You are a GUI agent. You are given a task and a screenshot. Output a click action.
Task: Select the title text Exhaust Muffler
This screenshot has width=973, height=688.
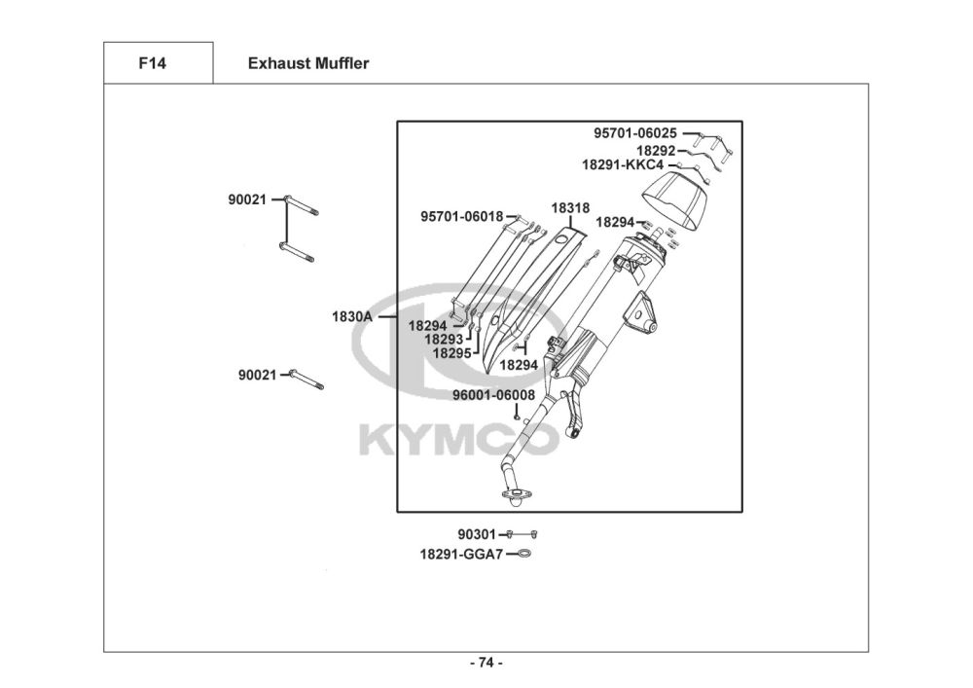click(307, 64)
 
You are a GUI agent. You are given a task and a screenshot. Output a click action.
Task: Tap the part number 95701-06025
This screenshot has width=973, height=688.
click(635, 133)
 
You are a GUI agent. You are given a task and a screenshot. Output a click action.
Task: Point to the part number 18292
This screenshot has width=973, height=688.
click(656, 151)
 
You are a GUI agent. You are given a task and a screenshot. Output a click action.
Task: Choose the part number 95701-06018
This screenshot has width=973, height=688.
click(462, 216)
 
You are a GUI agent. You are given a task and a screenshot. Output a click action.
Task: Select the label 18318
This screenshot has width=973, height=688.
click(570, 208)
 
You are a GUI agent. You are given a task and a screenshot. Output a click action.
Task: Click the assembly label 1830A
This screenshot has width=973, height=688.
click(352, 317)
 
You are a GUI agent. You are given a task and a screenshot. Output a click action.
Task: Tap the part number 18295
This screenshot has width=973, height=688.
click(452, 353)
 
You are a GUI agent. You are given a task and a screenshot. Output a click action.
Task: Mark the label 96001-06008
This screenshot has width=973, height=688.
click(493, 395)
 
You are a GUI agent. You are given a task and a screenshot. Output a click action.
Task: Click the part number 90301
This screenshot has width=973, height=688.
click(477, 534)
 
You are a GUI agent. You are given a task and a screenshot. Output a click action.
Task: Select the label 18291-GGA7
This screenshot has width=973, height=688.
click(461, 554)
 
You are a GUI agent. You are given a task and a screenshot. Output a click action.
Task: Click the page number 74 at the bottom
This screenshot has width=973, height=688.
click(486, 664)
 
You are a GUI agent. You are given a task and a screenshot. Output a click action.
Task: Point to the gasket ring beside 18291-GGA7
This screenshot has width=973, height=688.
click(523, 554)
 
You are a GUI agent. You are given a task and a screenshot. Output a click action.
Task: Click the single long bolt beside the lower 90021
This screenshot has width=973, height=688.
click(306, 380)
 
